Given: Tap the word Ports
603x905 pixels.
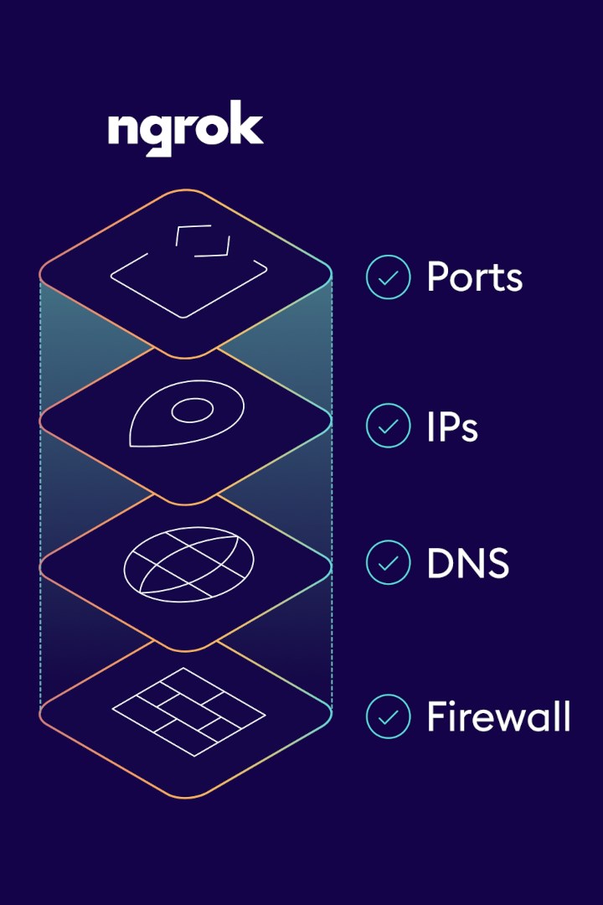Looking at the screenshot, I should tap(474, 277).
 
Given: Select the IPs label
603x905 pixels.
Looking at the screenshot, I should tap(452, 427).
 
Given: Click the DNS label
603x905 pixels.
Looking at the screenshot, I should tap(467, 563).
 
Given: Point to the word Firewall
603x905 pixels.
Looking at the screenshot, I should tap(498, 716).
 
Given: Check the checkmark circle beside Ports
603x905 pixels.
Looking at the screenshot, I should tap(389, 277).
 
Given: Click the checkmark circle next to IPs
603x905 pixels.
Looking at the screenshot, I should tap(389, 426).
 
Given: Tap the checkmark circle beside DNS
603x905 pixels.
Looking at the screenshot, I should tap(389, 563).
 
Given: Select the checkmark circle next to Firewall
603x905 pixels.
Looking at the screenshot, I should tap(389, 716).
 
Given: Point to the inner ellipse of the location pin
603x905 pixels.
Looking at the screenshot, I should tap(192, 410).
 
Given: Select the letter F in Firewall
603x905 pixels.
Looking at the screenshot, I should tap(437, 716).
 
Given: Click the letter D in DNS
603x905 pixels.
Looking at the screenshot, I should tap(440, 563).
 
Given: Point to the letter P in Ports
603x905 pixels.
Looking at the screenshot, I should tap(439, 277).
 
